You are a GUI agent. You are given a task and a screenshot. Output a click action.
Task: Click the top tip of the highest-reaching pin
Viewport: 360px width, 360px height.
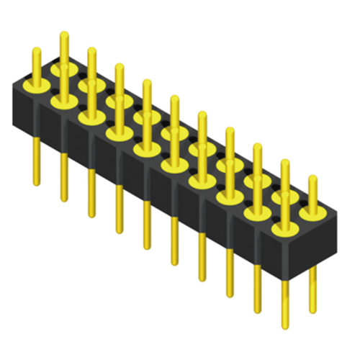(63, 34)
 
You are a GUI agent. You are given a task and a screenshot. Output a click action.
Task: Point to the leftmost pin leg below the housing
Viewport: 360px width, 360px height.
(36, 162)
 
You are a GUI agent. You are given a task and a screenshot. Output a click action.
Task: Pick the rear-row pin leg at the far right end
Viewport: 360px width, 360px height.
(312, 288)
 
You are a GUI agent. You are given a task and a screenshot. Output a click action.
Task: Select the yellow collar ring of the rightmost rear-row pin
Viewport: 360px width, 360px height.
(312, 212)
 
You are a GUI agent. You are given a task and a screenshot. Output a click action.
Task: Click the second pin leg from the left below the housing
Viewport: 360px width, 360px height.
(63, 176)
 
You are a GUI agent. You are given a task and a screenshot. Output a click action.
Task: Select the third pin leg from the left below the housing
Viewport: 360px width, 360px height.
(91, 191)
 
